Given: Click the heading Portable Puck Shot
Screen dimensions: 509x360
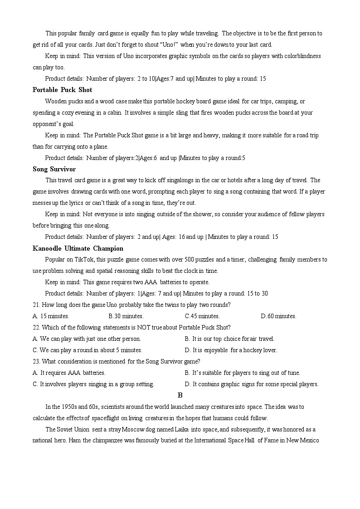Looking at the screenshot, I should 62,90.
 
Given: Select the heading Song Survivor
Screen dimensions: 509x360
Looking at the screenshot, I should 54,169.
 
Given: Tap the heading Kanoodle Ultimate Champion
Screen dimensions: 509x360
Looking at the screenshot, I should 78,248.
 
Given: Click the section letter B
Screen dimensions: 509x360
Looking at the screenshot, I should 180,395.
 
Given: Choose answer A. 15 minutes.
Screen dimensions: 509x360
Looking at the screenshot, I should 51,316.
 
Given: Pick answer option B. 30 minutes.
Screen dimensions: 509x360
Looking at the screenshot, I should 126,316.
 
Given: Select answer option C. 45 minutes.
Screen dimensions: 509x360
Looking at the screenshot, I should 202,316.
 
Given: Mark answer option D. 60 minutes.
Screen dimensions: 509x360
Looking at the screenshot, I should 278,316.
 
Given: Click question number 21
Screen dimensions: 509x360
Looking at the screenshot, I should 36,305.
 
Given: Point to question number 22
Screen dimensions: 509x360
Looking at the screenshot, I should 36,327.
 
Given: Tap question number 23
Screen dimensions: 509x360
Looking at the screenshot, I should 36,361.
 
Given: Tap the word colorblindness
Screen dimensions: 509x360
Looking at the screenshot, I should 299,56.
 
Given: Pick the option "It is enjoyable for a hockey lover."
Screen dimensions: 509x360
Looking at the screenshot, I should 231,350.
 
